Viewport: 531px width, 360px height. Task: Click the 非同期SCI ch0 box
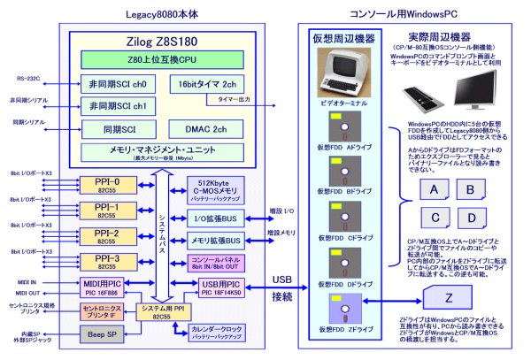click(118, 85)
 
